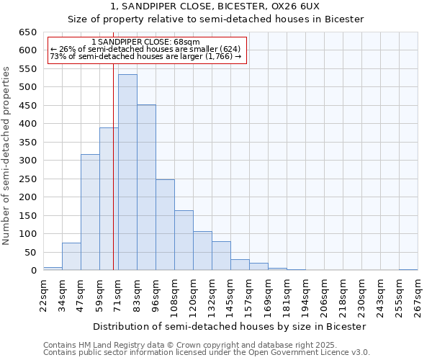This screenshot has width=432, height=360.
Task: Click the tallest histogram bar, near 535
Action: (x=127, y=173)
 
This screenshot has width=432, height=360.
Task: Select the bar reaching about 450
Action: (x=146, y=188)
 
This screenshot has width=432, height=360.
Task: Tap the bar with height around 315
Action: (x=90, y=212)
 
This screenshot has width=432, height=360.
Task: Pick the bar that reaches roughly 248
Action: (x=165, y=225)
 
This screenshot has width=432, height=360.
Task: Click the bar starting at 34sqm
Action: (x=71, y=257)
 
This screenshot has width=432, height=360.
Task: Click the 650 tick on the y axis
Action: (x=28, y=32)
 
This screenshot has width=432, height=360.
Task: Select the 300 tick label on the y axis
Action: (x=28, y=161)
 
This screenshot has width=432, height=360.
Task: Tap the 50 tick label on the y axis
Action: (x=31, y=252)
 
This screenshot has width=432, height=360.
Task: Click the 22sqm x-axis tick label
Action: (x=43, y=294)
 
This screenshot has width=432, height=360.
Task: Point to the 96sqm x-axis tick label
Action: (x=156, y=294)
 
